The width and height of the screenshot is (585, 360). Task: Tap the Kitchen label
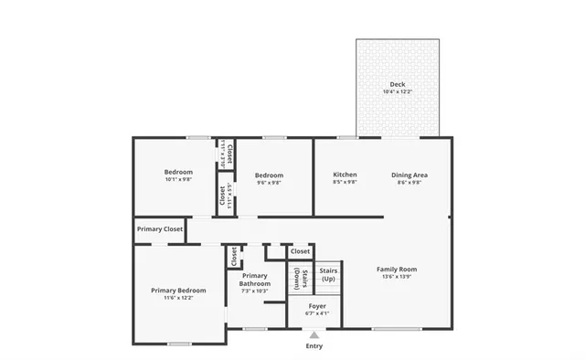(x=345, y=175)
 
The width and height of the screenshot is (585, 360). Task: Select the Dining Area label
(x=409, y=175)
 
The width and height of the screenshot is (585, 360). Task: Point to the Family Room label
(x=397, y=269)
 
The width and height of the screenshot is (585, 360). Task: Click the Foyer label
(x=317, y=306)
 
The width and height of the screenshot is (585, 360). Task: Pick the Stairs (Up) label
(x=328, y=275)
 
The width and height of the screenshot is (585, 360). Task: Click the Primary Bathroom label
(x=255, y=280)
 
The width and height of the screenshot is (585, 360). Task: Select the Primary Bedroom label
(x=178, y=291)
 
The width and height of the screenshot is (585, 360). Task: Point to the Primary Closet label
(x=159, y=229)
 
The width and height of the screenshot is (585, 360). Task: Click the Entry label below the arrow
(x=314, y=346)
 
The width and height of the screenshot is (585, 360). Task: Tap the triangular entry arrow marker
(x=314, y=335)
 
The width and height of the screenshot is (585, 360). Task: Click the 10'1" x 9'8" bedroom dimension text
(x=178, y=179)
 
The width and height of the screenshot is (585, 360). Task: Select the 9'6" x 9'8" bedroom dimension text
(x=269, y=183)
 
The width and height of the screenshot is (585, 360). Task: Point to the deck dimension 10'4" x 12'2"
(x=397, y=92)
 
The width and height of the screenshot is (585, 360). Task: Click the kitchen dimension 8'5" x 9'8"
(x=345, y=182)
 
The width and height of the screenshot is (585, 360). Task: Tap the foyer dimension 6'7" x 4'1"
(x=317, y=313)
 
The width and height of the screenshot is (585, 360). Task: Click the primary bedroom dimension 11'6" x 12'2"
(x=178, y=298)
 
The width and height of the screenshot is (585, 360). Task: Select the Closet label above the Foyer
(x=300, y=250)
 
